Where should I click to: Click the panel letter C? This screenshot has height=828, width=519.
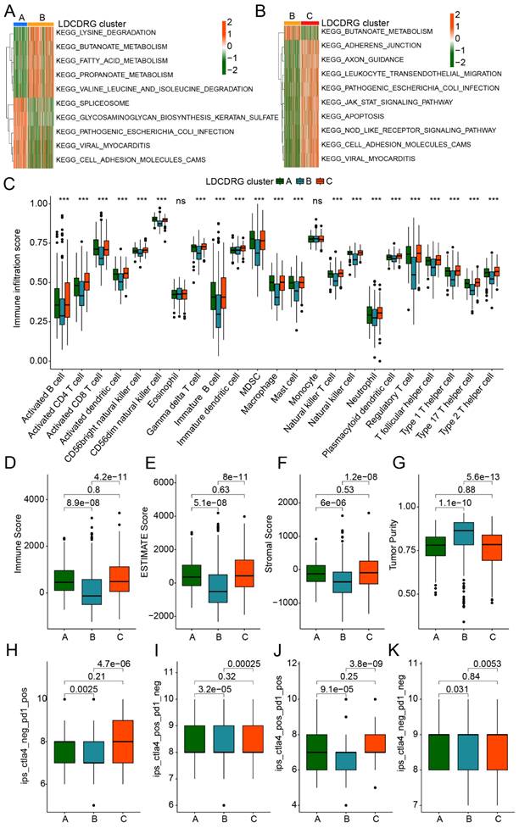click(x=9, y=183)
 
